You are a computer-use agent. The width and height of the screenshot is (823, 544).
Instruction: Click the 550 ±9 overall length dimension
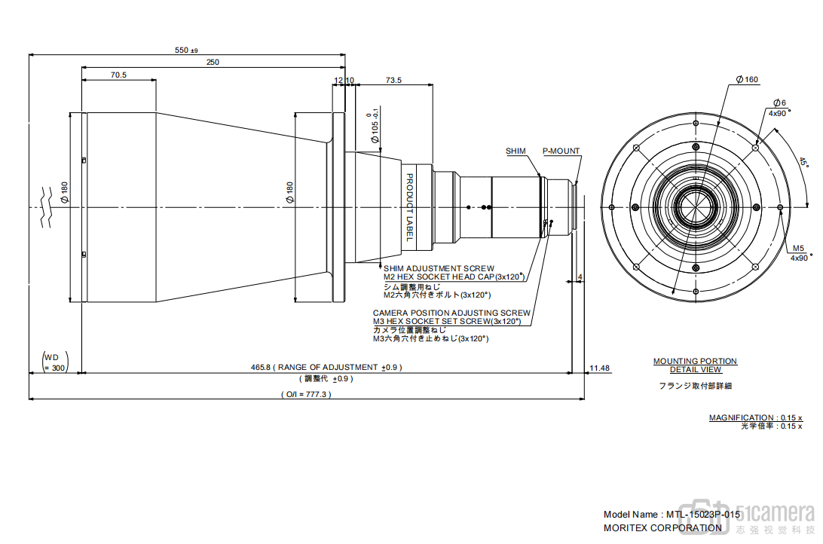[185, 50]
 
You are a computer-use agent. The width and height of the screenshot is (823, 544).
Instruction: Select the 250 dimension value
[213, 63]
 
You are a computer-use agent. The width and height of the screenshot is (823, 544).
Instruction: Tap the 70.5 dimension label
[118, 75]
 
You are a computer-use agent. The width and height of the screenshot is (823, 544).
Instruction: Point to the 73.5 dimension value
[393, 80]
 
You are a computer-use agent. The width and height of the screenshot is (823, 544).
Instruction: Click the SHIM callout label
[516, 151]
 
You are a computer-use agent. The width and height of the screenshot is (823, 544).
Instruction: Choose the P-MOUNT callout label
[561, 151]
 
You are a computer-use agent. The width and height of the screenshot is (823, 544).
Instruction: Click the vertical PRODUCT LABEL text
[410, 207]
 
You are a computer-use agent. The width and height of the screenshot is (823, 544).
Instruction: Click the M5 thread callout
[799, 248]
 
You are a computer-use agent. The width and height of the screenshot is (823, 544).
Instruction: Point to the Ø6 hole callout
[779, 102]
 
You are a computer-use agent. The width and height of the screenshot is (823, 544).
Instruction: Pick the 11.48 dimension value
[600, 368]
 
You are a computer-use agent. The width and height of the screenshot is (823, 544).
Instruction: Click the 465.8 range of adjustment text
[326, 368]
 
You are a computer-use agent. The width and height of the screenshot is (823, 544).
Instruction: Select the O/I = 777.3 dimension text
[306, 394]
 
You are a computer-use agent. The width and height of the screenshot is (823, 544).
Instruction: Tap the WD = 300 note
[54, 362]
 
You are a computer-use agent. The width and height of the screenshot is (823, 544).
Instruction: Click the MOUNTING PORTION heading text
[695, 362]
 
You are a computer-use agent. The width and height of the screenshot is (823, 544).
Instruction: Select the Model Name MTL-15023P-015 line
[672, 514]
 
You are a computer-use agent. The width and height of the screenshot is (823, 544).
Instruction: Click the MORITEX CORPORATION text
[662, 528]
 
